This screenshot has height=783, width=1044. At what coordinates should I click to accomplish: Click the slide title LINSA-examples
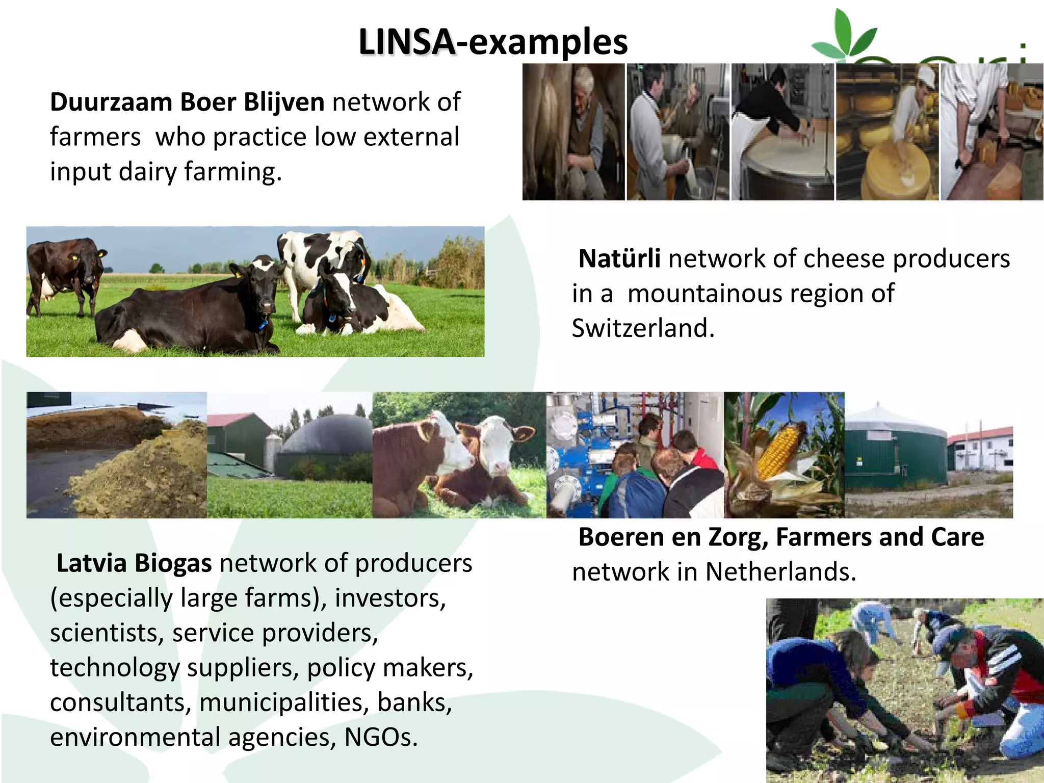[493, 42]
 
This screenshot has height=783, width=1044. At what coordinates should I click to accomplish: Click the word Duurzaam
[111, 102]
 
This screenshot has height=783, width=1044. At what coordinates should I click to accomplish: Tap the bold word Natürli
[619, 258]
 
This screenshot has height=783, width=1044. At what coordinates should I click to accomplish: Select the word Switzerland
[643, 328]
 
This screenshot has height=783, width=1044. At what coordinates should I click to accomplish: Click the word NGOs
[381, 737]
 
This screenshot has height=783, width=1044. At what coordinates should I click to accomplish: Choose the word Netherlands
[780, 572]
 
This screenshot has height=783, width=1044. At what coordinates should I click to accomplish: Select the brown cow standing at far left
[64, 270]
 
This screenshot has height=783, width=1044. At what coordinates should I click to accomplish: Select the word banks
[414, 702]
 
